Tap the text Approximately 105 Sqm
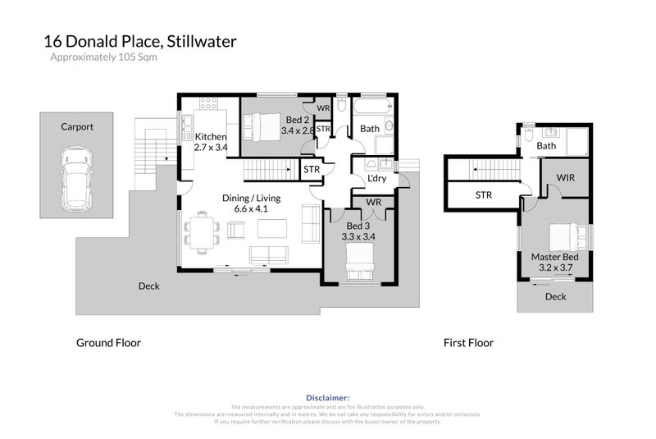tap(103, 57)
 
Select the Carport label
tap(76, 127)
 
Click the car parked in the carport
tap(76, 176)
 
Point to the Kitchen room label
tap(210, 136)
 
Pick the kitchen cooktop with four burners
tap(208, 104)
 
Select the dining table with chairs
tap(201, 230)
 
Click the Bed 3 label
tap(358, 226)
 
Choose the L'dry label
tap(376, 179)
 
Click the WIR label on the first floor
tap(565, 177)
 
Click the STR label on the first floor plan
tap(483, 195)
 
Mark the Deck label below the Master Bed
tap(555, 297)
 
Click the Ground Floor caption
tap(108, 343)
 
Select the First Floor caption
tap(468, 343)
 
